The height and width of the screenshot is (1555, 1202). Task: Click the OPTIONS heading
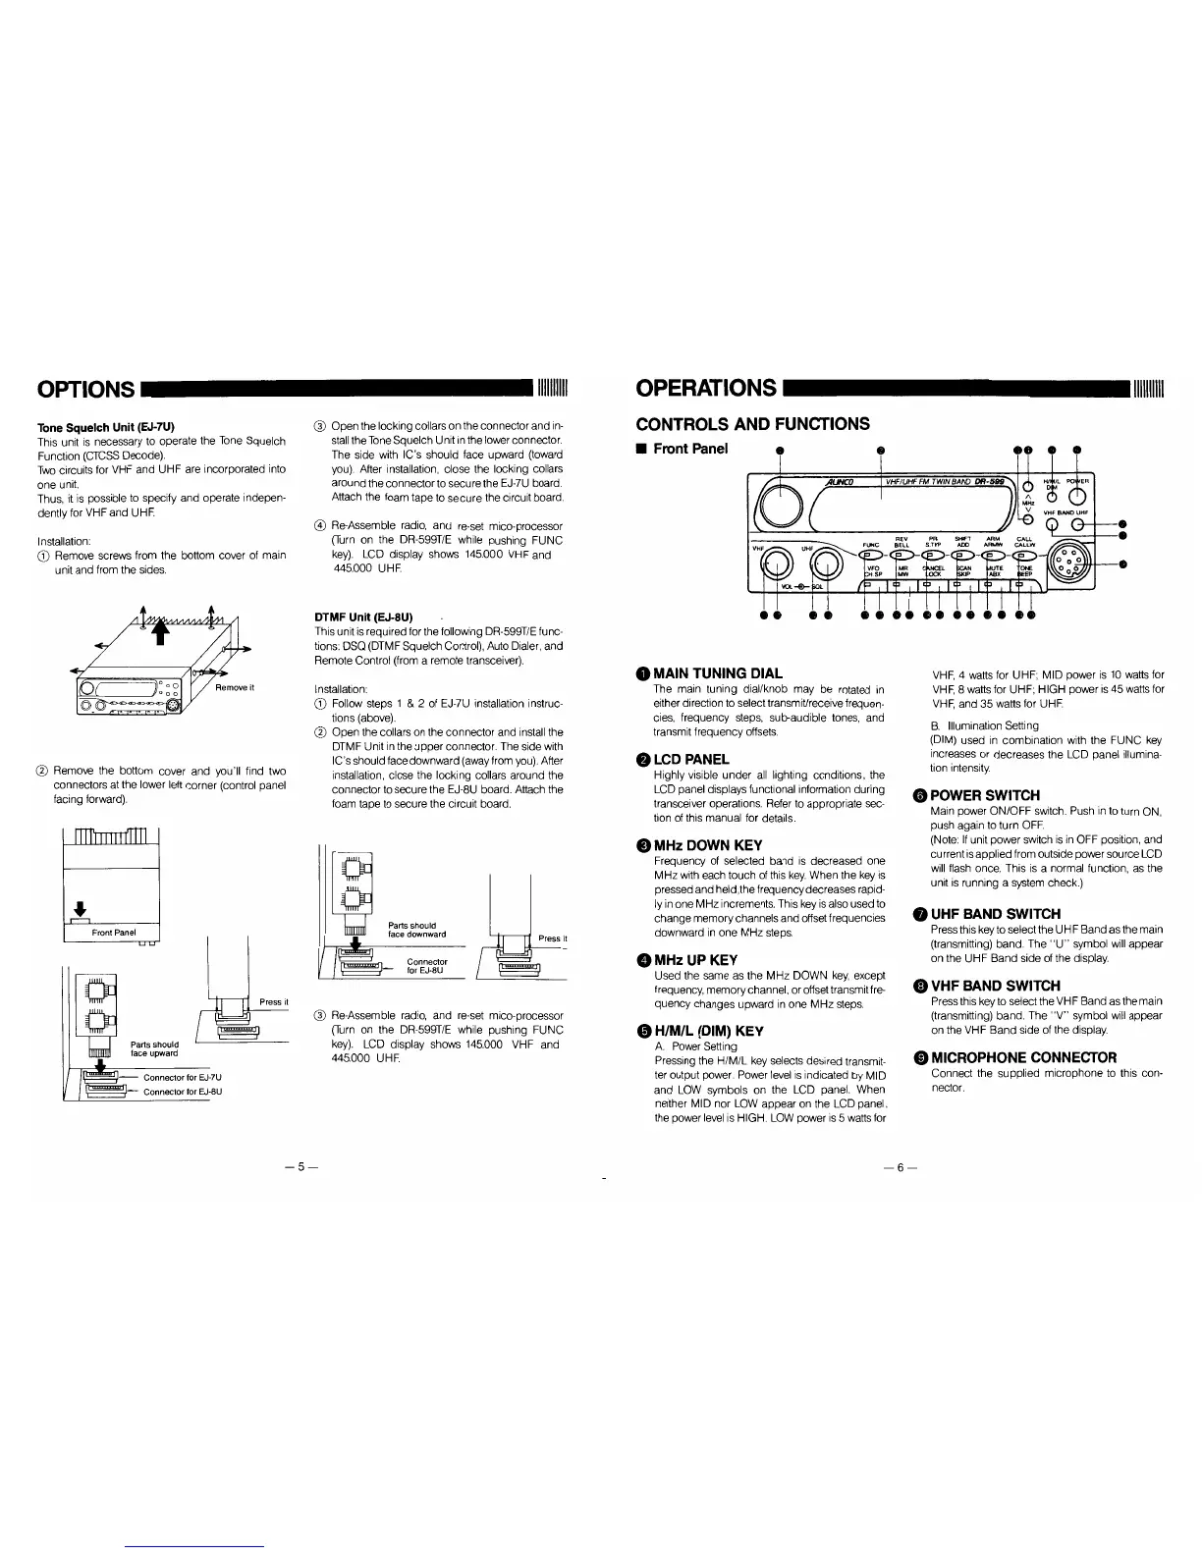85,390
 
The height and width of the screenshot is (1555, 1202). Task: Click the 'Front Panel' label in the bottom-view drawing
114,932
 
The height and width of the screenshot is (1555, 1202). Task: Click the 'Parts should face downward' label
416,929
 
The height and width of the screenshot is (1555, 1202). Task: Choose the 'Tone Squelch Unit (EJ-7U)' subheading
105,427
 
